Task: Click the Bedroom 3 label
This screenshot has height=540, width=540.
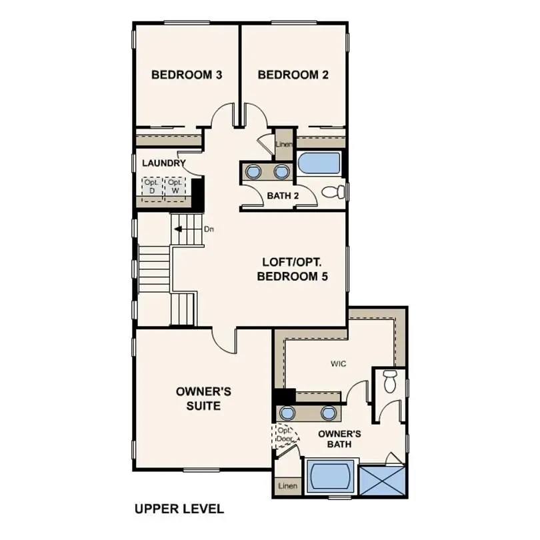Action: click(x=186, y=75)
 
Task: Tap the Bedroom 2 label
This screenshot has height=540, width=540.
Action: click(x=293, y=75)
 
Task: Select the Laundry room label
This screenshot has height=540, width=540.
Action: click(x=163, y=163)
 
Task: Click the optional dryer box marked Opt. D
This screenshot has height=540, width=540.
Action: click(x=151, y=187)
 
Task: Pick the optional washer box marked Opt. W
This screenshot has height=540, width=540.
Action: click(x=175, y=187)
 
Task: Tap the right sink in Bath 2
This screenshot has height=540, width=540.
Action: click(x=282, y=172)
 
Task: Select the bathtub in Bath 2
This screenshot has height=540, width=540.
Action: click(x=319, y=163)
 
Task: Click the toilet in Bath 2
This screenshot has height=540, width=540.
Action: click(x=333, y=193)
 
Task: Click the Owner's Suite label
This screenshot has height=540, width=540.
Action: click(x=198, y=398)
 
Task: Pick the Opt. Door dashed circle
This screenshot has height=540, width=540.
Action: click(x=285, y=435)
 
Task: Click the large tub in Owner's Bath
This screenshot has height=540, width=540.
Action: click(x=330, y=477)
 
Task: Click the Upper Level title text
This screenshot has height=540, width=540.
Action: click(x=179, y=509)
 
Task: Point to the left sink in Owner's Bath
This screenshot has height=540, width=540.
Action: click(x=289, y=413)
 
